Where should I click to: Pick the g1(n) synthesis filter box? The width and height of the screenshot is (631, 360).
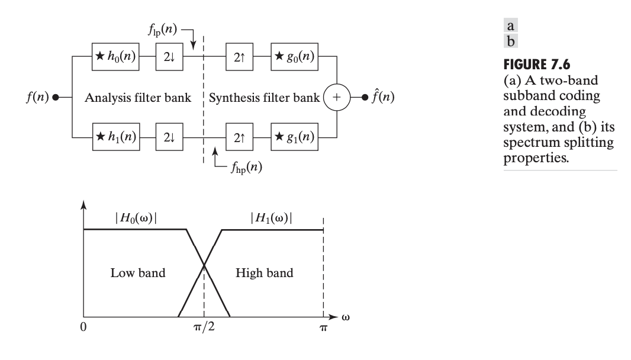click(x=294, y=140)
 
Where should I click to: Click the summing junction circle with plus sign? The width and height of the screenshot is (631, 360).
click(x=336, y=97)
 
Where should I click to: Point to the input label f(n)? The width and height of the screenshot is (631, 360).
click(x=37, y=98)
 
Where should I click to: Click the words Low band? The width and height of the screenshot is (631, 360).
click(x=138, y=273)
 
